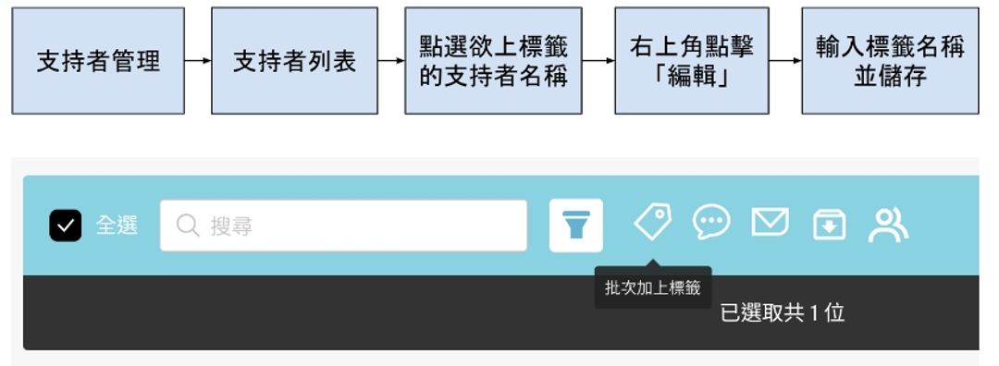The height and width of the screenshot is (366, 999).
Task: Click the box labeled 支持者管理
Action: pos(97,61)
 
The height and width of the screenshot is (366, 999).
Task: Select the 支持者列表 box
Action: pos(294,61)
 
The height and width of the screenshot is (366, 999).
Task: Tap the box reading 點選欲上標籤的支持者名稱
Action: pos(493,61)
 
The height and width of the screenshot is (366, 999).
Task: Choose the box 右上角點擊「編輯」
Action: pos(691,61)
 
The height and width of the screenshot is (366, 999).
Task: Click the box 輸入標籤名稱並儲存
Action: pos(890,61)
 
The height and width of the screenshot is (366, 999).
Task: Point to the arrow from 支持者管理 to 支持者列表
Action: pos(198,62)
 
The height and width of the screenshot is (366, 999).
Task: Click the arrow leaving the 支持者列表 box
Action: pos(391,62)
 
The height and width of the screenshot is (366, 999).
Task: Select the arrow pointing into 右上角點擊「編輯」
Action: pos(598,62)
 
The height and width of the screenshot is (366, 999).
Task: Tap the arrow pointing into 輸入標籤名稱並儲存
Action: pos(785,62)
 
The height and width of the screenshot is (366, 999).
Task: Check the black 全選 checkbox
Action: pos(66,226)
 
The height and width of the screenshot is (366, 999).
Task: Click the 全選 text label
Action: pos(117,226)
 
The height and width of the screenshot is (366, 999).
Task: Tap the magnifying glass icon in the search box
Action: pos(188,226)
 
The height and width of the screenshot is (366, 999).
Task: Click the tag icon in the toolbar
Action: pos(652,223)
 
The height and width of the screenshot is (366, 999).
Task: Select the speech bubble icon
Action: pos(711,223)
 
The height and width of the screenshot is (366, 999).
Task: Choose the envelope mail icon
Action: pos(770,223)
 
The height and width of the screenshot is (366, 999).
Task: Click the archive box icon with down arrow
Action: pos(829,225)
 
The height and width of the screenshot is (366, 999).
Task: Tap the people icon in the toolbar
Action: pos(888,225)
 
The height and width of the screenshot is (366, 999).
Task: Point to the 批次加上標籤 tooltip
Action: pos(653,287)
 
